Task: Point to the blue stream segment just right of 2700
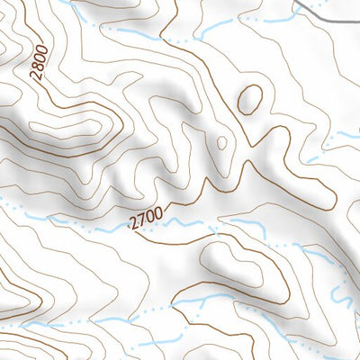184,221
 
